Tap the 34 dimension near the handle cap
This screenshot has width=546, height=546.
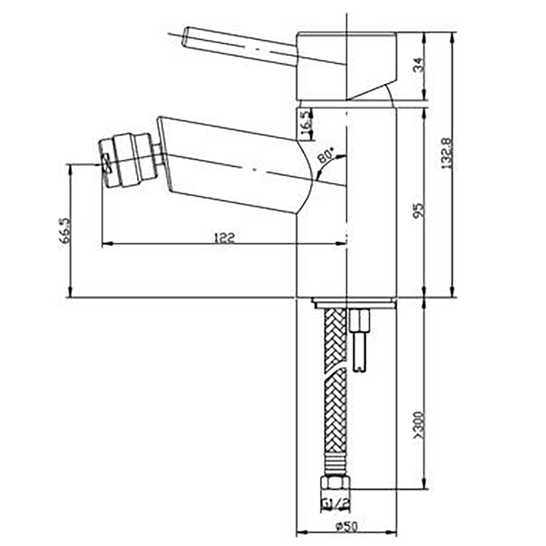click(x=418, y=66)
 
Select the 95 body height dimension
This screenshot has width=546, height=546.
click(x=418, y=210)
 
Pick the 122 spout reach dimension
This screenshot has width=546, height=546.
click(x=224, y=237)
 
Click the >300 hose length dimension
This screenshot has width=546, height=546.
click(x=418, y=426)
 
